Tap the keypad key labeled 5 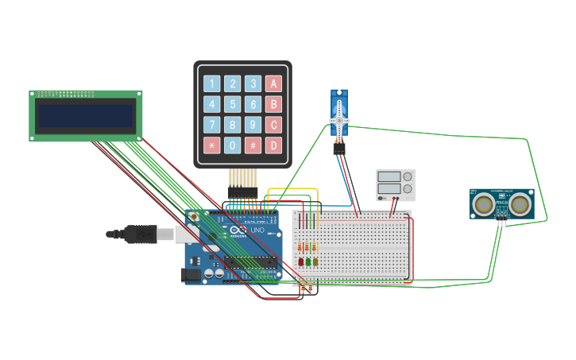point(232,104)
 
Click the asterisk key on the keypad point(211,145)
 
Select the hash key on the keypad point(253,145)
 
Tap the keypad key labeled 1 point(211,83)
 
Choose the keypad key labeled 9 point(253,125)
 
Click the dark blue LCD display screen point(86,116)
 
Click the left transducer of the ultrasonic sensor point(482,204)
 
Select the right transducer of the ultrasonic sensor point(520,204)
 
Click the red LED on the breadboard point(300,261)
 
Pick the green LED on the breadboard point(307,261)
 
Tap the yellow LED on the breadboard point(315,261)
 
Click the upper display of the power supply point(389,176)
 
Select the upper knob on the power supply point(408,176)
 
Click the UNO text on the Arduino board point(257,230)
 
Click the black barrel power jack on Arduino point(191,275)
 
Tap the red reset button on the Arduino point(194,215)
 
